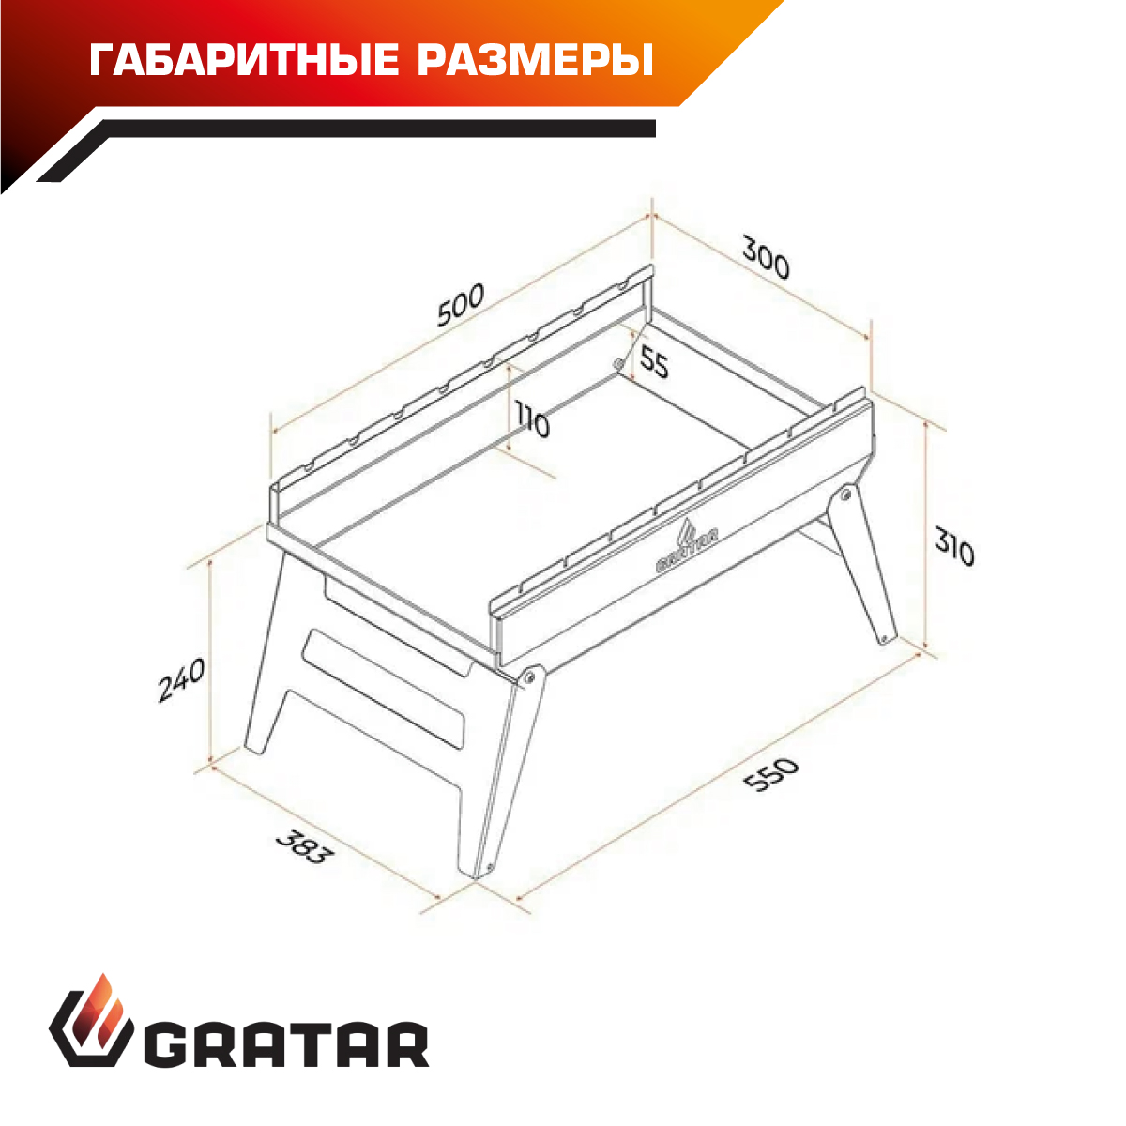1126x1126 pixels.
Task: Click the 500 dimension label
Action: coord(461,305)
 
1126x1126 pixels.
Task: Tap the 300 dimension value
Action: coord(766,257)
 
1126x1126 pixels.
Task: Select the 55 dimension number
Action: coord(653,362)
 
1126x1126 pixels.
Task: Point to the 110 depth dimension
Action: coord(532,418)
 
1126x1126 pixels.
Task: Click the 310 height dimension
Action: coord(954,546)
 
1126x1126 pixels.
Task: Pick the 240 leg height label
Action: coord(182,680)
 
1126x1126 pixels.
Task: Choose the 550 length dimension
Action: coord(772,775)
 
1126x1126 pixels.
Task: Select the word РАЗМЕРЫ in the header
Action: coord(535,61)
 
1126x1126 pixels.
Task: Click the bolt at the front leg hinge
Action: coord(528,677)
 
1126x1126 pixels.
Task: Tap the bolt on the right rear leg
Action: coord(845,496)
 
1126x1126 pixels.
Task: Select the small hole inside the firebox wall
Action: coord(617,364)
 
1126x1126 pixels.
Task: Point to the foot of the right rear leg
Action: coord(886,637)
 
